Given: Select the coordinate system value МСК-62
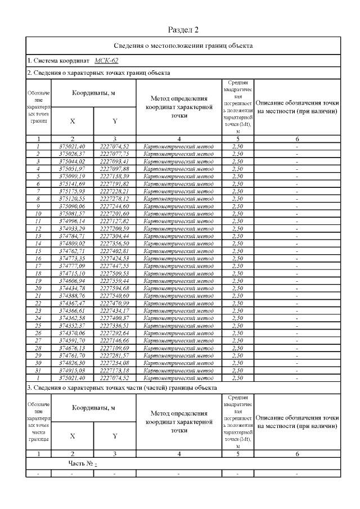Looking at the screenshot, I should pyautogui.click(x=106, y=61).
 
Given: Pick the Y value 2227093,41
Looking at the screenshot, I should pyautogui.click(x=114, y=161).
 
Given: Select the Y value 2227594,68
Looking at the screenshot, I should pyautogui.click(x=114, y=288).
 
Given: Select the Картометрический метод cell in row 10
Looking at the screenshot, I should pyautogui.click(x=179, y=213).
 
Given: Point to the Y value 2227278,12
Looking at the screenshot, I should pyautogui.click(x=114, y=199).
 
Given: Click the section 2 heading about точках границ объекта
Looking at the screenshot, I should pyautogui.click(x=99, y=73).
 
